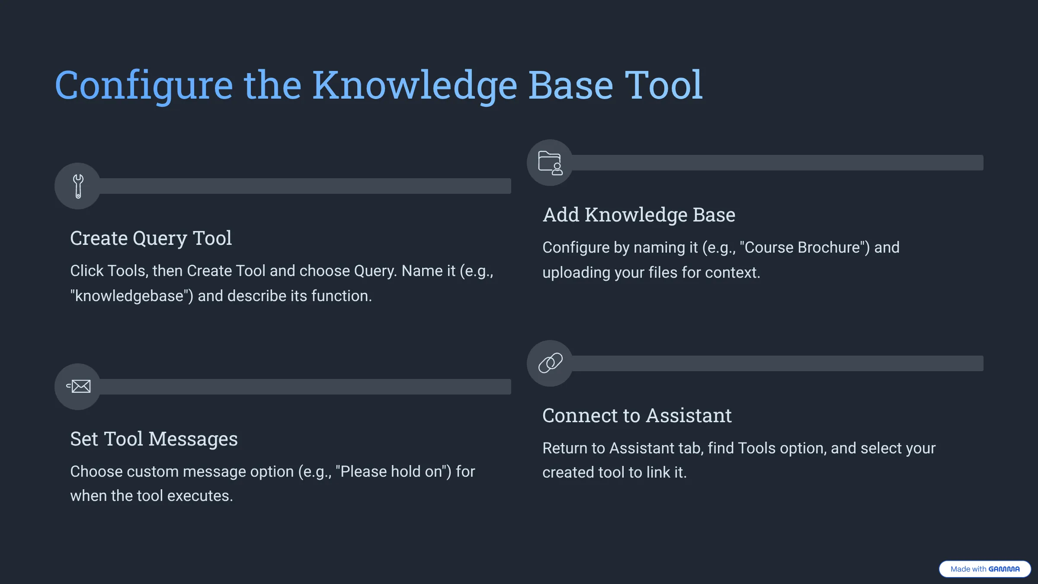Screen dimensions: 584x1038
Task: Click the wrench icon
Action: click(x=78, y=186)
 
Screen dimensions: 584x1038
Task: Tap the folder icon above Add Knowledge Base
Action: click(x=550, y=163)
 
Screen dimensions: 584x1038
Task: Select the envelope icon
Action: click(x=79, y=386)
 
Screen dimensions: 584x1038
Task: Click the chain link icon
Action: click(x=550, y=363)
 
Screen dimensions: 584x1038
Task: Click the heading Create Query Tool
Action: click(x=151, y=238)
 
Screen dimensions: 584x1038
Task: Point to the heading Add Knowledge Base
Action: click(x=639, y=215)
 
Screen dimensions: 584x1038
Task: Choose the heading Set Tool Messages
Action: click(x=154, y=439)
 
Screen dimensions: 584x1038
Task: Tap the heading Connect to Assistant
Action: click(x=637, y=416)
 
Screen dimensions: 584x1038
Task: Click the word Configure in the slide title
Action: click(x=144, y=86)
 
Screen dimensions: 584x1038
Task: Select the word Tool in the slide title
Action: click(x=664, y=86)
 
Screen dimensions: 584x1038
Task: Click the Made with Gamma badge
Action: click(x=985, y=569)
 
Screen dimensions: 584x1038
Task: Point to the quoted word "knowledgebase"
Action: click(x=131, y=296)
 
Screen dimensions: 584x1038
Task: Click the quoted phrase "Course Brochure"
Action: click(x=804, y=248)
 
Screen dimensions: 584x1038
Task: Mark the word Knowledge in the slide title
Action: click(x=414, y=86)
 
